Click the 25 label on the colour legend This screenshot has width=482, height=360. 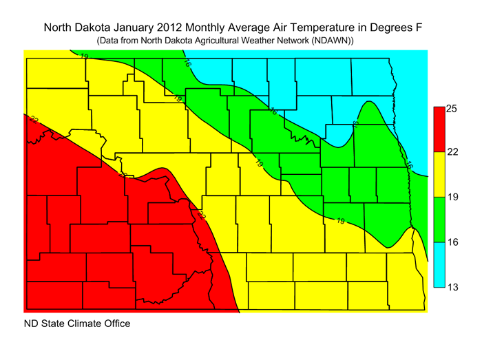tap(453, 108)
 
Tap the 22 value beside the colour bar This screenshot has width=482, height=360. tap(453, 153)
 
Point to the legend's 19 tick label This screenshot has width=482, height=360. tap(453, 198)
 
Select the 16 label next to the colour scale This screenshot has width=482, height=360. tap(453, 242)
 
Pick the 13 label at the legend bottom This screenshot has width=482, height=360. tap(453, 287)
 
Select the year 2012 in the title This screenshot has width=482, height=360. tap(182, 28)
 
